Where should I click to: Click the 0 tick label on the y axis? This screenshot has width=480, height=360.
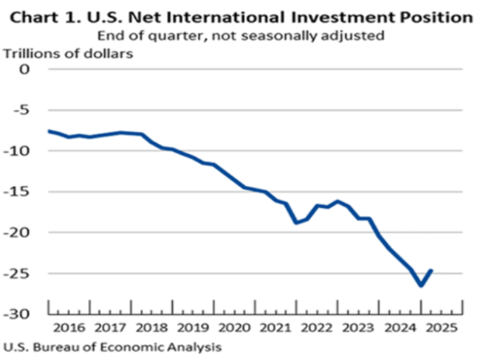pyautogui.click(x=28, y=69)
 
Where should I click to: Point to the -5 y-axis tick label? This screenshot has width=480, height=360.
pyautogui.click(x=25, y=110)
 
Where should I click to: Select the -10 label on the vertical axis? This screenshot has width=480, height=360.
pyautogui.click(x=22, y=150)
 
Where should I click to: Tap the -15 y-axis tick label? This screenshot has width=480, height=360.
pyautogui.click(x=22, y=192)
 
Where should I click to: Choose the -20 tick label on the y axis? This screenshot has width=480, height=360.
pyautogui.click(x=22, y=232)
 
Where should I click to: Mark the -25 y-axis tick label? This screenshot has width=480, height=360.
pyautogui.click(x=22, y=273)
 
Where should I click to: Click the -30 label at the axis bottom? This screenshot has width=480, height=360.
pyautogui.click(x=22, y=314)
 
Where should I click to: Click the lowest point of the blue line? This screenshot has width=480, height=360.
pyautogui.click(x=420, y=285)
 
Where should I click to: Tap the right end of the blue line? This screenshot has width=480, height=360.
pyautogui.click(x=431, y=271)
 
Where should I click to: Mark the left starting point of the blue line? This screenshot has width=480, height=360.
pyautogui.click(x=49, y=131)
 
